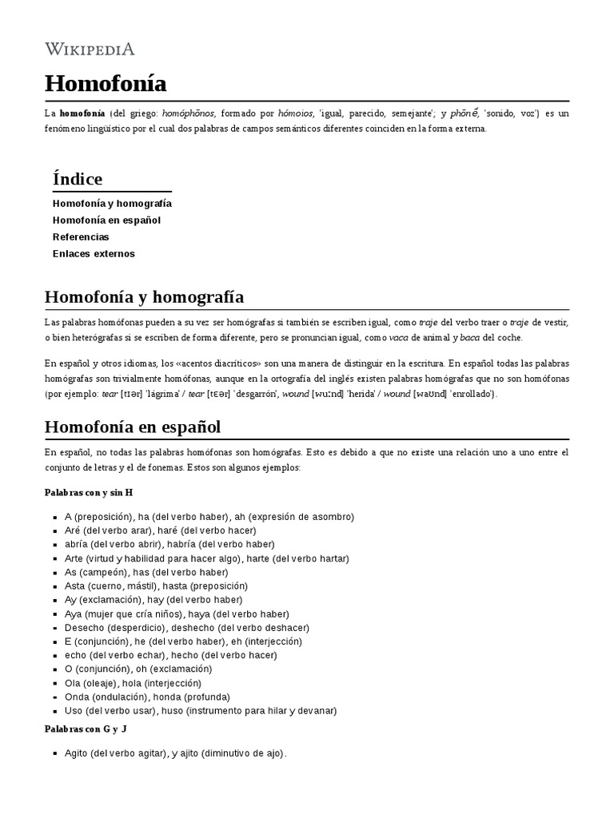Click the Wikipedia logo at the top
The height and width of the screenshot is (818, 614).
(x=90, y=49)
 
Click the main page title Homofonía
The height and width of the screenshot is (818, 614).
(x=106, y=83)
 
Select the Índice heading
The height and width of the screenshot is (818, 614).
(x=78, y=178)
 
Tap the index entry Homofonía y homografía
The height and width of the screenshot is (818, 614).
(x=112, y=203)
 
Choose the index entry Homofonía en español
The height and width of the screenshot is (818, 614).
(x=106, y=220)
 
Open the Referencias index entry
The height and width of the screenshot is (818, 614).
(x=81, y=236)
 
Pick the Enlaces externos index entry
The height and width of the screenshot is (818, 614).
(x=94, y=253)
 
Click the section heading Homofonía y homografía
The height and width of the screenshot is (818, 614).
(x=144, y=297)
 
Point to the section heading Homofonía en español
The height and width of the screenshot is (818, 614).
(x=133, y=426)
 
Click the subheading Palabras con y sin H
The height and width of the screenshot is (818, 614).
(x=88, y=492)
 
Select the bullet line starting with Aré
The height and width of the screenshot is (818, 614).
(x=160, y=530)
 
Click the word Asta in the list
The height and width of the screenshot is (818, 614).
(x=74, y=586)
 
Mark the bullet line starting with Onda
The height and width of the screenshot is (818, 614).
(x=149, y=697)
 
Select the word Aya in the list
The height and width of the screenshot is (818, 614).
(x=74, y=613)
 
